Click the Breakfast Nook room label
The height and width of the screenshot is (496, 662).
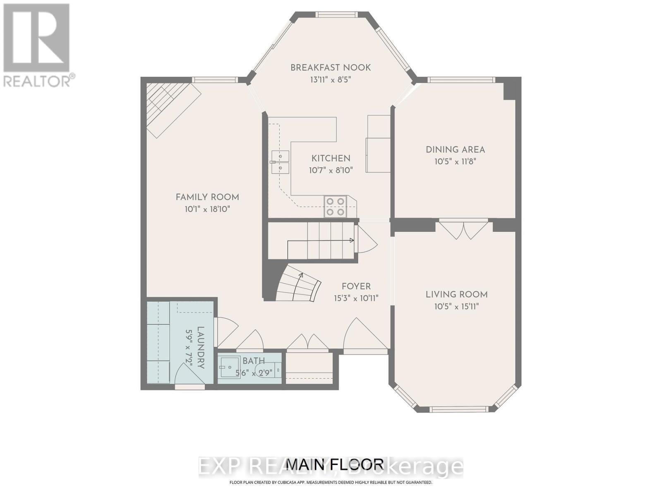(x=330, y=67)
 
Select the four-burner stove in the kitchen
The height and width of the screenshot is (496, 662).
(x=335, y=207)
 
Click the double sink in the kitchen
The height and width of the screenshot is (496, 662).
(x=280, y=162)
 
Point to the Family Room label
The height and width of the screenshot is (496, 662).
(x=207, y=197)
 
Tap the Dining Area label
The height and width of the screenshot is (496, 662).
(x=455, y=150)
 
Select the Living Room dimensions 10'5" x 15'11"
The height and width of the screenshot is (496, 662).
(x=456, y=306)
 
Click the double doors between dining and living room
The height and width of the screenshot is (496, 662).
(x=464, y=229)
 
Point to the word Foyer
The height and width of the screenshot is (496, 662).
(x=356, y=286)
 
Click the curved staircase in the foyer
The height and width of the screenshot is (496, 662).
(x=298, y=285)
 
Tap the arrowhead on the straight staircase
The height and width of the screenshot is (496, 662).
(x=352, y=240)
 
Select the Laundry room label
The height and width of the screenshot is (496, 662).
(x=200, y=347)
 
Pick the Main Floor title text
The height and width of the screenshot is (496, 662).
(x=335, y=464)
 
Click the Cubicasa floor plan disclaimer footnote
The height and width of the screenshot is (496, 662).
(x=331, y=482)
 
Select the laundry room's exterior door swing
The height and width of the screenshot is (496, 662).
(x=188, y=374)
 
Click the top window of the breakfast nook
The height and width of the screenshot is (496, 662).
(x=336, y=14)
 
